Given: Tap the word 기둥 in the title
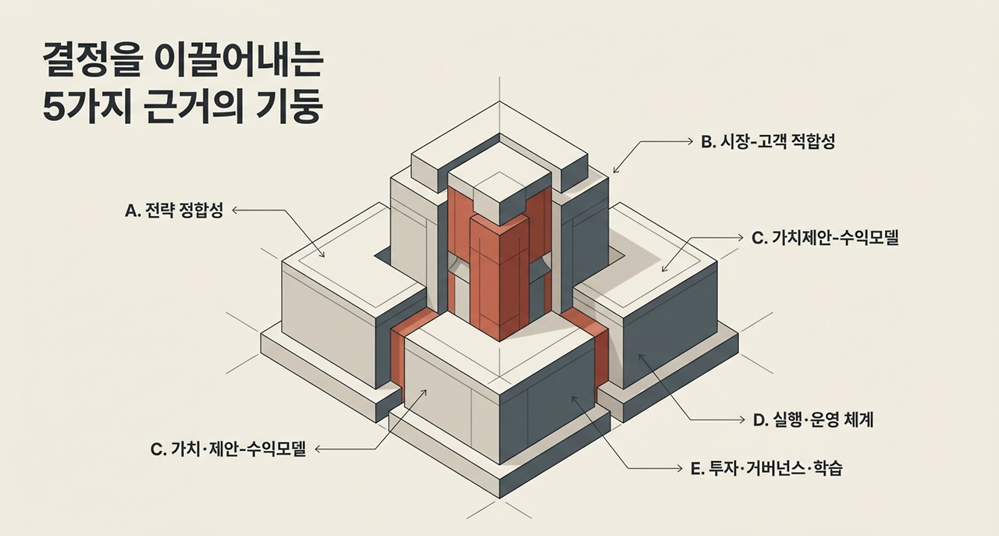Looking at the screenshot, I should [x=292, y=106].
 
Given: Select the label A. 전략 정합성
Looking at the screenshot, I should [x=174, y=211].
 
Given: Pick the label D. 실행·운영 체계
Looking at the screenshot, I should [x=812, y=420].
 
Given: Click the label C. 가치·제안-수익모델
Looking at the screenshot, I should [x=227, y=449].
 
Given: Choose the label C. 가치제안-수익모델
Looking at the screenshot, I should [x=825, y=239].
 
